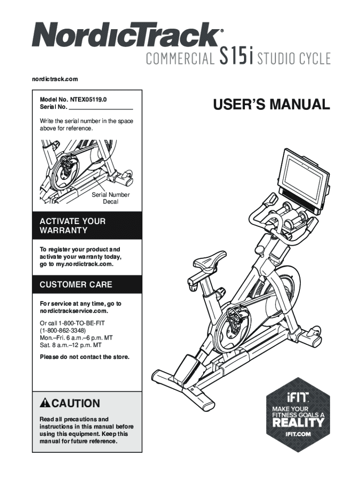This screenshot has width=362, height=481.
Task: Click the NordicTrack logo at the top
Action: (x=126, y=35)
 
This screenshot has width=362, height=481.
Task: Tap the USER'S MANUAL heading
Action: (x=271, y=104)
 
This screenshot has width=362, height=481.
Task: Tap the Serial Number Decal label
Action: (x=110, y=198)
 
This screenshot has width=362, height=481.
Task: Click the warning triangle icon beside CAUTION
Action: (x=45, y=403)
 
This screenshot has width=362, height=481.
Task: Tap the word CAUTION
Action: (x=76, y=403)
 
